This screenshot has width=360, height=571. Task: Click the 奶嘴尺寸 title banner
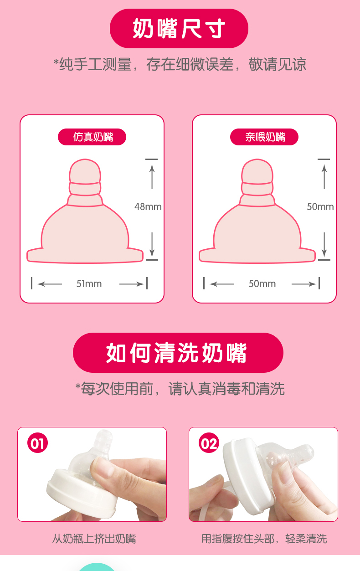tap(179, 28)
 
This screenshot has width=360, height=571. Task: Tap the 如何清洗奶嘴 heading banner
tap(178, 353)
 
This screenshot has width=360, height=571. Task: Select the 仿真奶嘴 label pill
tap(92, 137)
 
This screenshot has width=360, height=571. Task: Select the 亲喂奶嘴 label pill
tap(264, 137)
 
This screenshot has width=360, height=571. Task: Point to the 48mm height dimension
tap(148, 206)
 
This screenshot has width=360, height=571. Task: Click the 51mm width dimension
tap(89, 283)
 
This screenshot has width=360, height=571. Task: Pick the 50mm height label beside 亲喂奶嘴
tap(320, 206)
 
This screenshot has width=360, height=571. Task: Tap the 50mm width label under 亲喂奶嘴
tap(262, 283)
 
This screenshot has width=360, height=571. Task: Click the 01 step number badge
tap(37, 443)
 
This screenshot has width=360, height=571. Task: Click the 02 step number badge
tap(209, 443)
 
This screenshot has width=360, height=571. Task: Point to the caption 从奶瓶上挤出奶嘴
tap(94, 539)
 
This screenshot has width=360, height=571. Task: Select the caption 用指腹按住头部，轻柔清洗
tap(264, 539)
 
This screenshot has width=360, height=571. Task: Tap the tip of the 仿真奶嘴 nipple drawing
tap(85, 159)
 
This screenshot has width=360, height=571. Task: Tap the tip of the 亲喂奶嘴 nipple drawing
tap(257, 159)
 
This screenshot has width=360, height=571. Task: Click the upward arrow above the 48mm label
tap(152, 177)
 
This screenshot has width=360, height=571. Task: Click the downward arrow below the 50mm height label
tap(324, 244)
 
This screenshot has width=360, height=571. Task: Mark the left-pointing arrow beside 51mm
tap(50, 284)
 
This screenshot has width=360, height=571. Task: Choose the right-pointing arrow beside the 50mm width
tap(304, 284)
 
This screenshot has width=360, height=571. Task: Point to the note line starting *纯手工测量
tap(180, 64)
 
